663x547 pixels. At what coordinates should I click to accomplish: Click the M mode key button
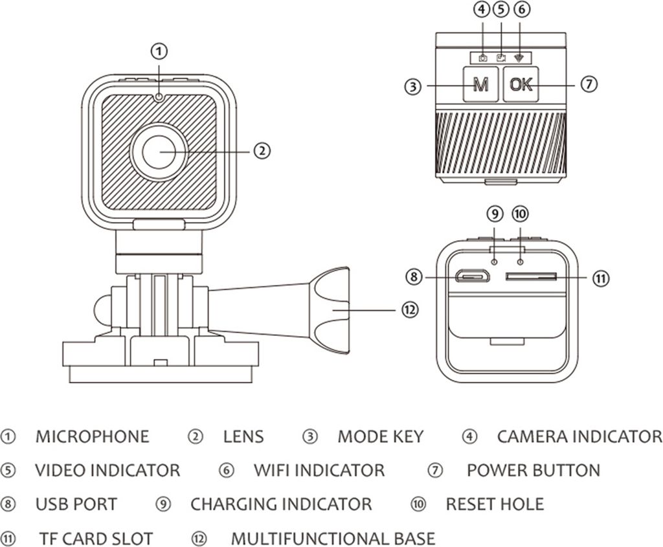(x=480, y=85)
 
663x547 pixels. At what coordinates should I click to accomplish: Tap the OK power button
(x=521, y=84)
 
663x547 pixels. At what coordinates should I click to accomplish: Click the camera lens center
(x=159, y=151)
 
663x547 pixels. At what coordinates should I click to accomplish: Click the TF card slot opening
(x=531, y=276)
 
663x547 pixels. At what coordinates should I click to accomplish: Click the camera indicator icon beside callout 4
(x=482, y=58)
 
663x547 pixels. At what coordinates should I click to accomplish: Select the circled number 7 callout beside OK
(x=588, y=84)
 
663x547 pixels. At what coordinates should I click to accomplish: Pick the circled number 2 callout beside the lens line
(x=261, y=151)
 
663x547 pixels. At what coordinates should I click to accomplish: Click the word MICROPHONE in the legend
(x=92, y=436)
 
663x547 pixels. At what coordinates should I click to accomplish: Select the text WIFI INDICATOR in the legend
(x=319, y=470)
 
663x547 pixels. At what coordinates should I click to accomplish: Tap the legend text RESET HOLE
(x=495, y=504)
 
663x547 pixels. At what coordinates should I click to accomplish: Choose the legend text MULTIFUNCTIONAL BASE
(x=333, y=538)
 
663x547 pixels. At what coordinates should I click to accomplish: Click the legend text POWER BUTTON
(x=533, y=470)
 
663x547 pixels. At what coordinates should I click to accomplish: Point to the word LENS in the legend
(x=243, y=436)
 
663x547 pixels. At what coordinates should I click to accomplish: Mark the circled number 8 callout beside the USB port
(x=414, y=277)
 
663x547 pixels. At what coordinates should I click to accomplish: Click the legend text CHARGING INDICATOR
(x=281, y=504)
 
